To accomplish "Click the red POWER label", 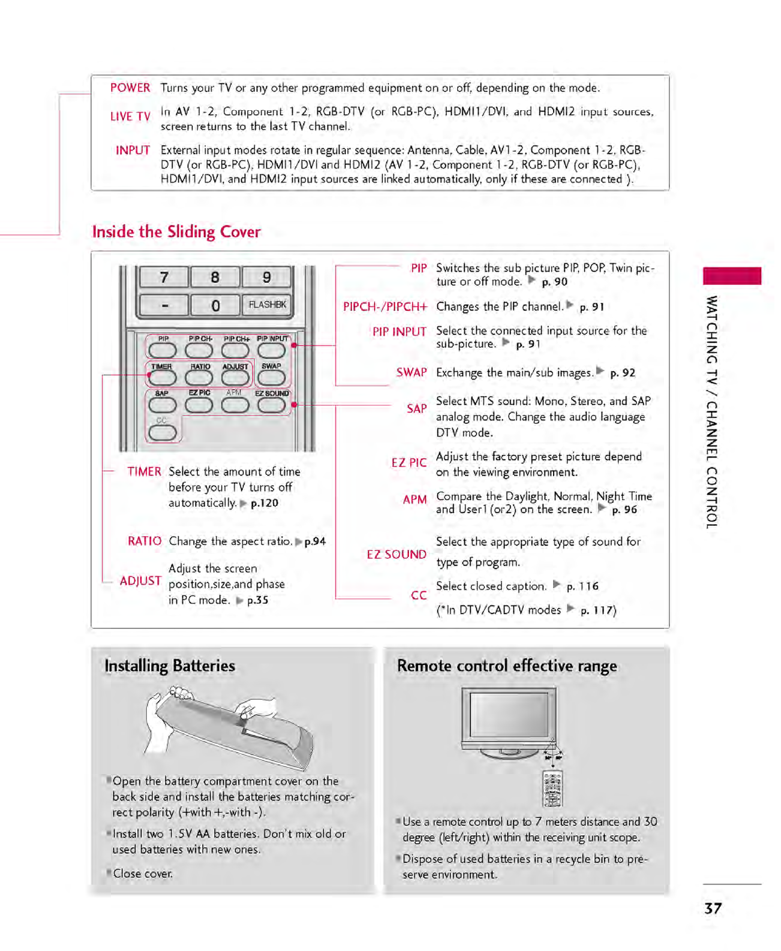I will coord(130,88).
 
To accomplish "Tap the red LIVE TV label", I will coord(130,116).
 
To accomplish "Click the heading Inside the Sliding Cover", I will coord(176,232).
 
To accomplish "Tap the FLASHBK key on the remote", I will coord(267,305).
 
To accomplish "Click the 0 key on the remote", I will coord(215,306).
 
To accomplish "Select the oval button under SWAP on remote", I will coord(271,378).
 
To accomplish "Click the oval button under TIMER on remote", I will coord(162,378).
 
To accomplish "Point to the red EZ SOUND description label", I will coord(396,555).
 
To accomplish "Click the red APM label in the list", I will coord(414,499).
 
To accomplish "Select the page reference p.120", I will coord(264,503).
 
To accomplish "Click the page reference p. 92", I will coord(623,373).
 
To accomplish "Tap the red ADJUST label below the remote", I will coord(140,581).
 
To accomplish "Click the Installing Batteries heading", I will coord(170,666).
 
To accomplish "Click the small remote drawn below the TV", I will coord(552,789).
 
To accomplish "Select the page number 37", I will coord(713,908).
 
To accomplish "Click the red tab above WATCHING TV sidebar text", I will coord(732,276).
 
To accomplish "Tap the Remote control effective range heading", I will coord(507,666).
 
